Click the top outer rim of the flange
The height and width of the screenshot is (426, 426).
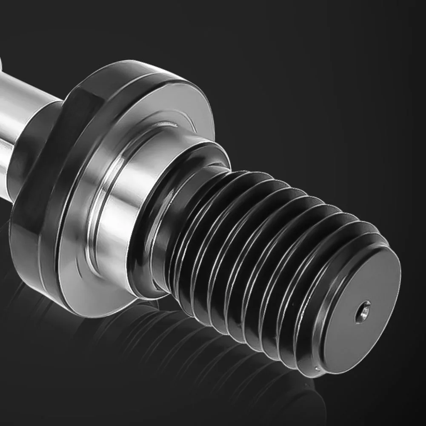[140, 70]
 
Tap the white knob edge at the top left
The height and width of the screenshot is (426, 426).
[2, 64]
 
